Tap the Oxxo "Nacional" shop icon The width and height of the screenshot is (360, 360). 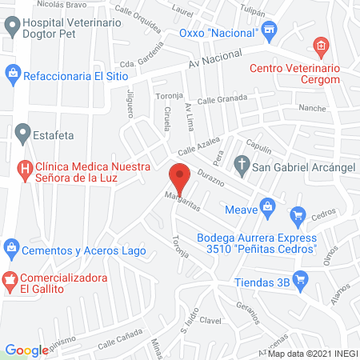(x=270, y=32)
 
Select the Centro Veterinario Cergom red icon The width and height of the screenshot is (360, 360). (x=321, y=46)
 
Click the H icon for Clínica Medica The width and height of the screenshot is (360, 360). (x=24, y=169)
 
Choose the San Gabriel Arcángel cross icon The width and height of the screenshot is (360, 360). (x=241, y=167)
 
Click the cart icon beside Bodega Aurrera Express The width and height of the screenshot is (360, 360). (x=298, y=214)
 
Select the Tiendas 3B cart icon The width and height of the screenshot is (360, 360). (x=301, y=278)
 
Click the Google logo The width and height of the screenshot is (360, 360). (x=26, y=350)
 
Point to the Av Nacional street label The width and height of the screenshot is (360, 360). (x=216, y=58)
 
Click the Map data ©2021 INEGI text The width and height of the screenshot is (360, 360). (x=312, y=353)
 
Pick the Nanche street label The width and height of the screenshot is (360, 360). (x=311, y=107)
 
